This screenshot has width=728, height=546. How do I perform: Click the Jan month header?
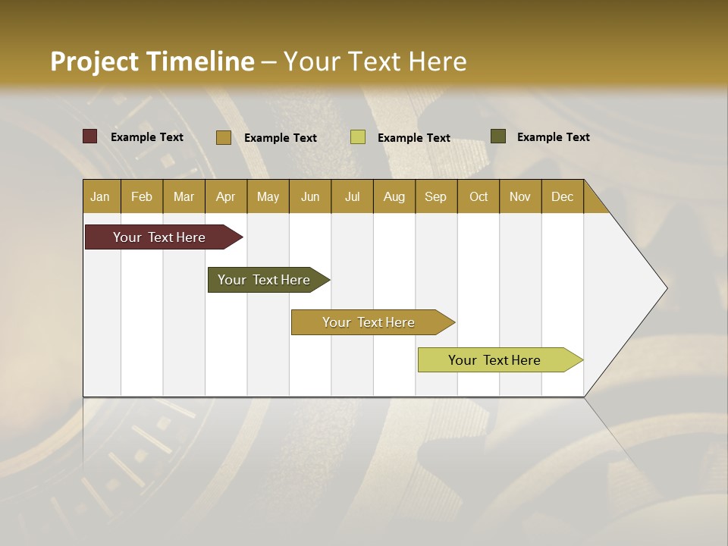(x=100, y=197)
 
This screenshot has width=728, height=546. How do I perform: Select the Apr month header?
(x=225, y=197)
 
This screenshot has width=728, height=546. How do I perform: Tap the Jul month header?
(x=352, y=197)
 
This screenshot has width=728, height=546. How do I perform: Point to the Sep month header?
(x=435, y=197)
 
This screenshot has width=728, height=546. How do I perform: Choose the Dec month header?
(x=562, y=197)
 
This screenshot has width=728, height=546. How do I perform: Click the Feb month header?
(x=142, y=197)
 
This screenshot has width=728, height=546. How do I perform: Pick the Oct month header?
(x=479, y=197)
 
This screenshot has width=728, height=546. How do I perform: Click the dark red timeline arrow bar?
(x=159, y=237)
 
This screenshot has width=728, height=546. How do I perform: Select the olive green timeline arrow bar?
(x=264, y=280)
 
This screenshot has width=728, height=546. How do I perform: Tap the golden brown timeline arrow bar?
(x=369, y=322)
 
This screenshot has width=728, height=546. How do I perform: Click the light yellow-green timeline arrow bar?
(x=494, y=360)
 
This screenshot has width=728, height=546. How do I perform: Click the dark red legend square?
(x=89, y=136)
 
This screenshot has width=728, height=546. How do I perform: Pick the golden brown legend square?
(x=223, y=137)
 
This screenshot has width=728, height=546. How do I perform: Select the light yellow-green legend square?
(x=357, y=137)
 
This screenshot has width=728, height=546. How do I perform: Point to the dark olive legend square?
(x=497, y=136)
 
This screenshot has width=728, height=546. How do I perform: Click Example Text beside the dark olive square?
(x=553, y=137)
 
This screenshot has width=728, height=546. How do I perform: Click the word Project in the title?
(x=94, y=61)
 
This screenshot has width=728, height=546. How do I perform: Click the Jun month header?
(x=310, y=197)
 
